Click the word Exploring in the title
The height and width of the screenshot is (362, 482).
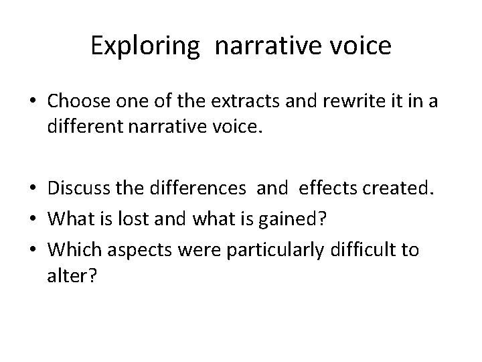pos(144,46)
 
